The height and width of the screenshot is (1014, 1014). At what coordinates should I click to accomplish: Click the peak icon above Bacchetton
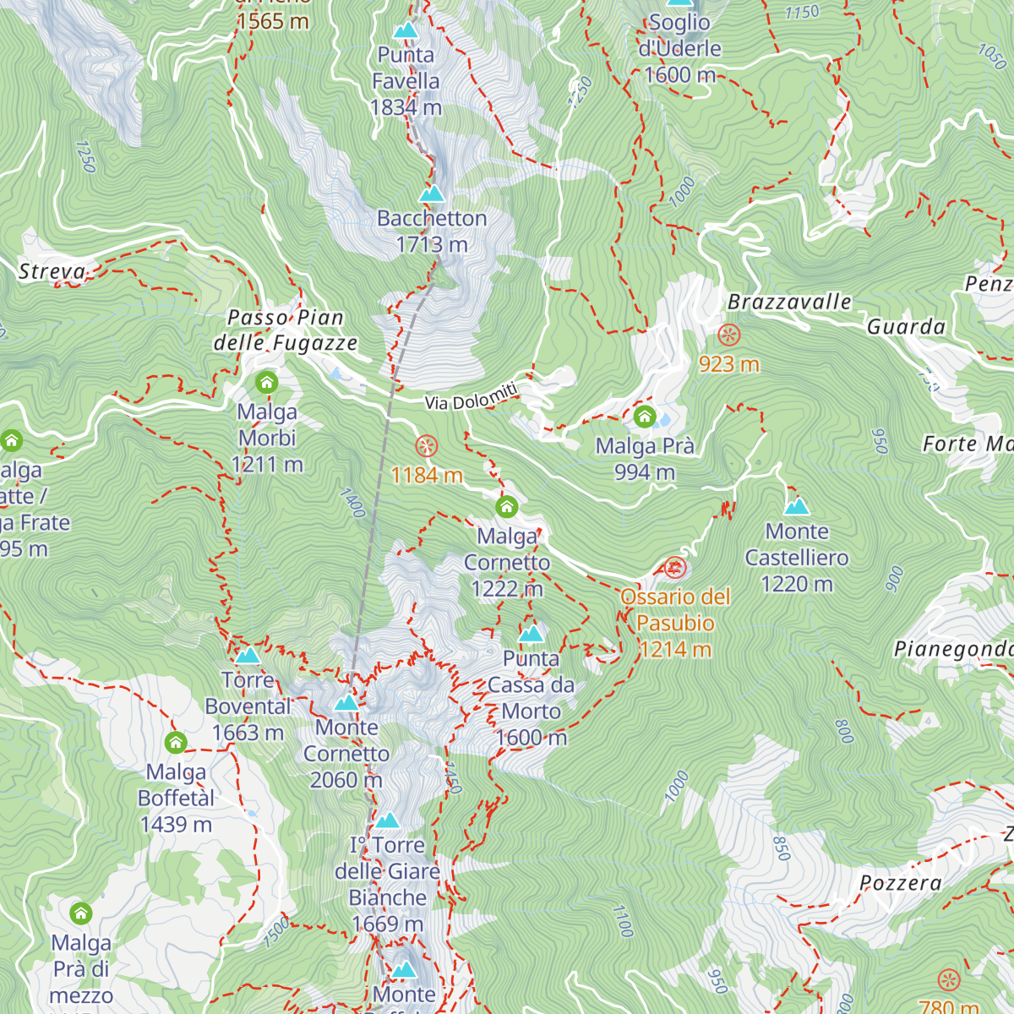432,194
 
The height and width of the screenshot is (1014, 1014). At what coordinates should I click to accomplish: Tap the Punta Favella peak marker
406,31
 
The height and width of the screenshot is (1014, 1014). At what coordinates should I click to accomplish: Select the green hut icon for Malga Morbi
267,383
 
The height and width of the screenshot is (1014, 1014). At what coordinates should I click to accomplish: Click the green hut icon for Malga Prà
645,417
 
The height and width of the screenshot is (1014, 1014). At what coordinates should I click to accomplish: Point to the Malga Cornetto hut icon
506,506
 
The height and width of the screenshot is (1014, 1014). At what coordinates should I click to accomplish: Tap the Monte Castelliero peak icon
797,506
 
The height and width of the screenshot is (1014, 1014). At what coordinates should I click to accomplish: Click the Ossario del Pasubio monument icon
674,568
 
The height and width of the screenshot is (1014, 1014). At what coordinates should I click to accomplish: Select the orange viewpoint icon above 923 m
728,335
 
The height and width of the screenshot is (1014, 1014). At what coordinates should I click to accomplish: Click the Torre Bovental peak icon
248,656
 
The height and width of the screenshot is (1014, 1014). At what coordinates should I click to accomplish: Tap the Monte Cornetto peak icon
346,703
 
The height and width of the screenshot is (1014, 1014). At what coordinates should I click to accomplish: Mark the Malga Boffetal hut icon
176,743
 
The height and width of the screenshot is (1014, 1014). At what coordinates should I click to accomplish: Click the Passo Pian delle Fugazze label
286,330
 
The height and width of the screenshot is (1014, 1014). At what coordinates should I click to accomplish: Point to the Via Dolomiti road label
472,396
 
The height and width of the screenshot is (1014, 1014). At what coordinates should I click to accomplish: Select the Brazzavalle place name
789,302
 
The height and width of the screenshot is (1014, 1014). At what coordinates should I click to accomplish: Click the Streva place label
52,271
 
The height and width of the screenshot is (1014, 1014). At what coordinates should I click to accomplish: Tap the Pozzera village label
900,883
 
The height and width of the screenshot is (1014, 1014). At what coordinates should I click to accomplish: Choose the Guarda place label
906,326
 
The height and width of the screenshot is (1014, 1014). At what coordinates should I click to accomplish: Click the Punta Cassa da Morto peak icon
531,634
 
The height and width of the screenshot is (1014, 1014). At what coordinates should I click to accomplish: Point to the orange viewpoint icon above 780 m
950,979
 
